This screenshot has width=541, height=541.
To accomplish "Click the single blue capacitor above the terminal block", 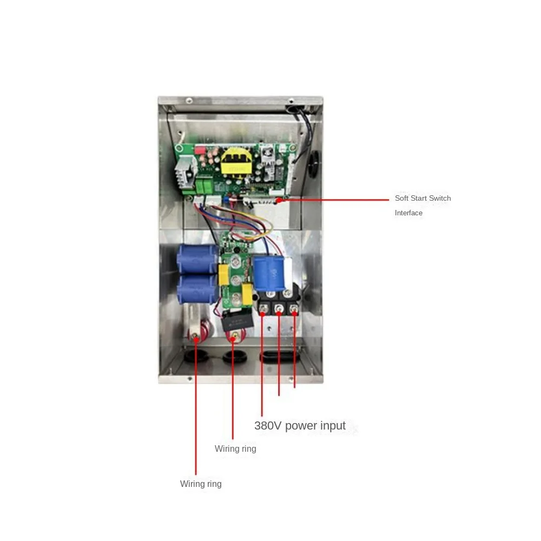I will click(269, 274).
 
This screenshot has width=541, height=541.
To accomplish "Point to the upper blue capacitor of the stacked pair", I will click(197, 259).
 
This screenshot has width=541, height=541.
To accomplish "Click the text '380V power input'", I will click(300, 426).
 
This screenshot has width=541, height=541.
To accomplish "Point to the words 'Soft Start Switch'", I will click(423, 198).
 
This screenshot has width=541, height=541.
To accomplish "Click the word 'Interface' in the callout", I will click(408, 213).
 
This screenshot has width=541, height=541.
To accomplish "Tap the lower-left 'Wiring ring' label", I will click(201, 484).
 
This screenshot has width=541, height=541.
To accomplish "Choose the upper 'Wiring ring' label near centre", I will click(235, 448).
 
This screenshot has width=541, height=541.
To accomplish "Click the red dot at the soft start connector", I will click(280, 200).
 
